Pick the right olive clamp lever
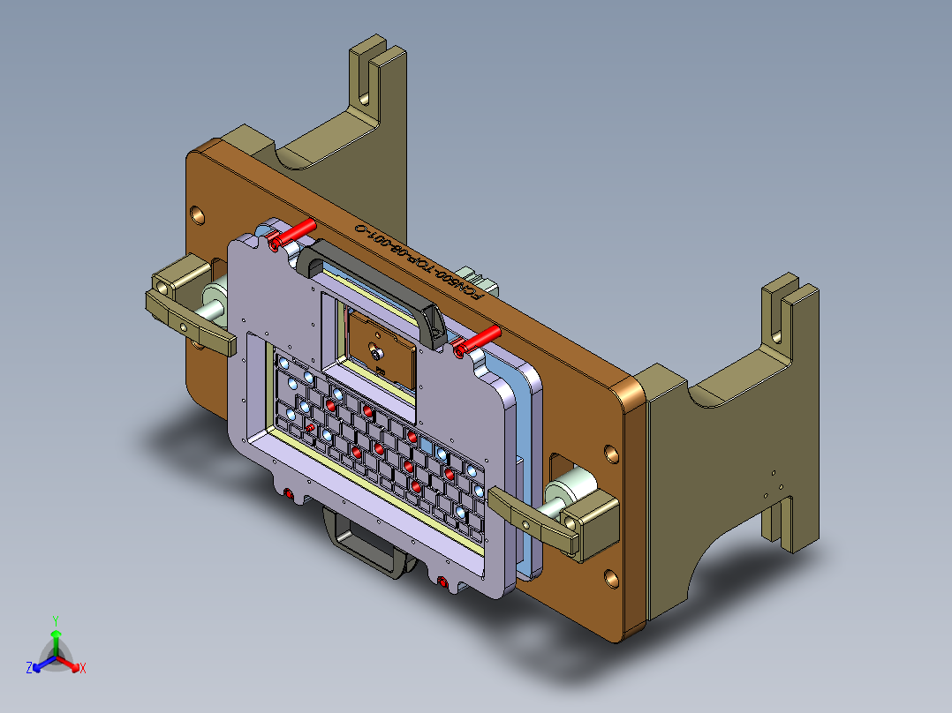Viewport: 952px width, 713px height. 535,520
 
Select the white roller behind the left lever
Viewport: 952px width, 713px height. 215,303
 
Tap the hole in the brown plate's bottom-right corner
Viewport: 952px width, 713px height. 610,578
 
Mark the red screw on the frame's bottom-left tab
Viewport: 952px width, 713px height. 289,494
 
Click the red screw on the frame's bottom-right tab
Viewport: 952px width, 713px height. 442,581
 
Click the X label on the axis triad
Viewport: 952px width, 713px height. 83,669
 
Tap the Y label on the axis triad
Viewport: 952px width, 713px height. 55,620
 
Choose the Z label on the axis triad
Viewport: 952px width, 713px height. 29,669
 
